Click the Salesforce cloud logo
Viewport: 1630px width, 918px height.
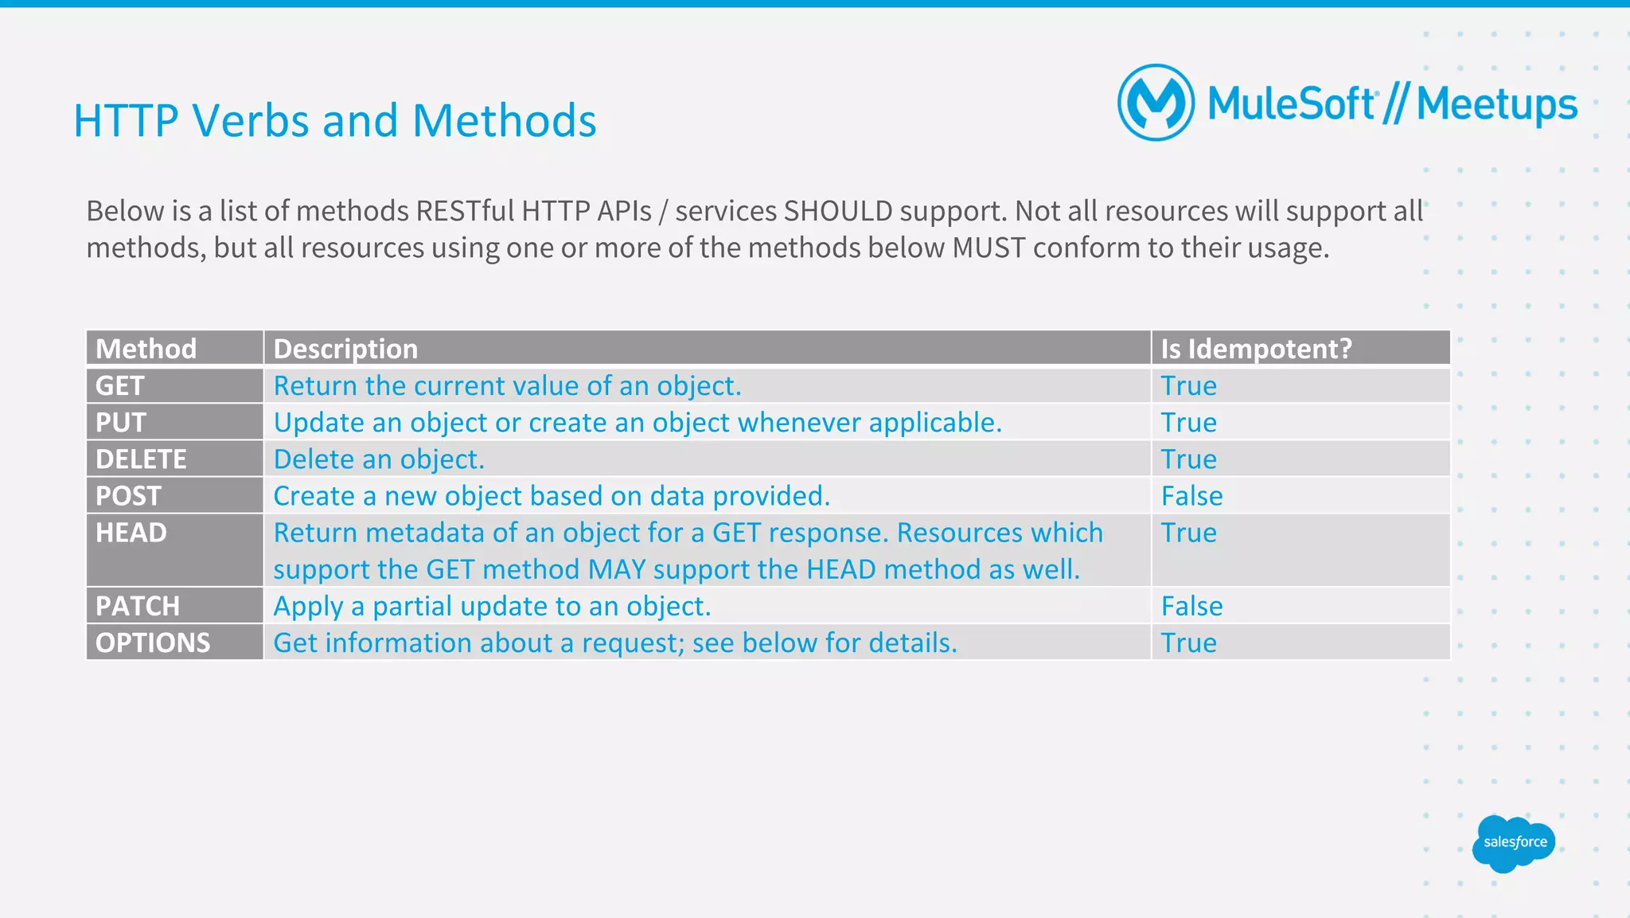pos(1514,843)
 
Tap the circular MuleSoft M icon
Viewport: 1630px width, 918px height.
pos(1156,103)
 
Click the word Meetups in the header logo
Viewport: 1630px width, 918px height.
pos(1496,105)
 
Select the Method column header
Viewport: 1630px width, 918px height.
pos(146,349)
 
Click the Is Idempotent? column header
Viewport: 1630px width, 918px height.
pos(1256,349)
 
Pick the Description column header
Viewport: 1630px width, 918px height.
pos(345,349)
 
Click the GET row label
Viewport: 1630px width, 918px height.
pos(120,385)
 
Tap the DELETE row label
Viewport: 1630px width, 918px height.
pos(141,459)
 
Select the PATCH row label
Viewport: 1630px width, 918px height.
pos(138,606)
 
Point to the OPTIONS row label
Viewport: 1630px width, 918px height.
pos(153,643)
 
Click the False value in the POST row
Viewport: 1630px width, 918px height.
pos(1191,496)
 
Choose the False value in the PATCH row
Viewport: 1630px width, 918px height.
pos(1191,606)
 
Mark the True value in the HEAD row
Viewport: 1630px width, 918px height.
pos(1188,533)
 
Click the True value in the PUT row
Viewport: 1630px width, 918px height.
pos(1188,423)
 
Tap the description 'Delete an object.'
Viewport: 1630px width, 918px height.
pos(379,459)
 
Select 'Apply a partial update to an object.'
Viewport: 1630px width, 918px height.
pos(492,606)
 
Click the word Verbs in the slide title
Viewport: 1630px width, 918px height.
pos(251,121)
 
